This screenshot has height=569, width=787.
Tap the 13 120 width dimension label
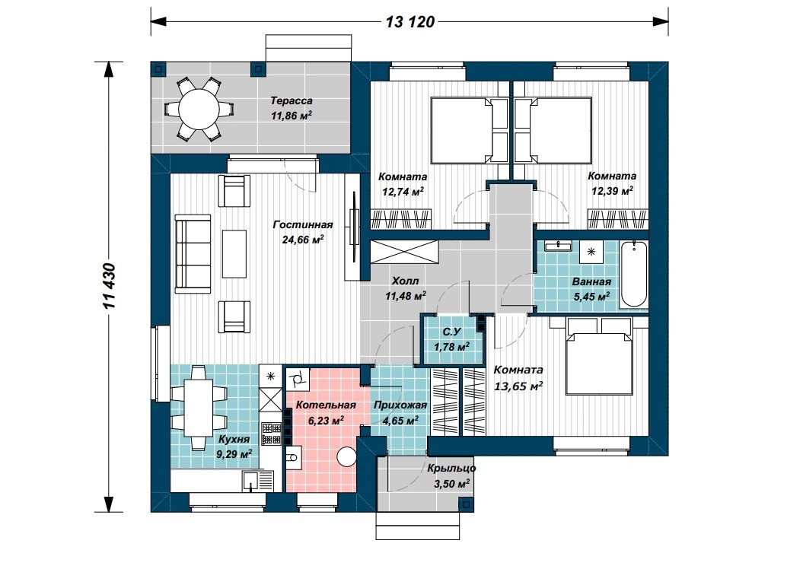click(410, 22)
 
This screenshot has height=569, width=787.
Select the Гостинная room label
click(303, 225)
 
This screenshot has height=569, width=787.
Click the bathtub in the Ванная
click(633, 275)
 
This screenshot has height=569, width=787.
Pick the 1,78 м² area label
click(451, 347)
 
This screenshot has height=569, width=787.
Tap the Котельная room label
click(326, 405)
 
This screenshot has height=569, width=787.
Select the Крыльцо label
click(451, 468)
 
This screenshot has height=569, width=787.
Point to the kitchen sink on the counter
click(251, 480)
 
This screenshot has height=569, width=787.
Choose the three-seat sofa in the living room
click(186, 253)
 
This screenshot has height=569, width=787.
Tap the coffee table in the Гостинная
click(234, 254)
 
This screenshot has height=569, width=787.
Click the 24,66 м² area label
click(303, 240)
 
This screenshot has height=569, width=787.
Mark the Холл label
click(405, 281)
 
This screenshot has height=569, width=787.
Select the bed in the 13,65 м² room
click(598, 356)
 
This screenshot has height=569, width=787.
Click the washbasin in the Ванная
click(558, 246)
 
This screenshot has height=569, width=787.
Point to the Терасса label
click(291, 101)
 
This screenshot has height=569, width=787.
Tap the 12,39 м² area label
click(612, 191)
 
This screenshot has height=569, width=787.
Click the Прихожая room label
click(400, 405)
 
